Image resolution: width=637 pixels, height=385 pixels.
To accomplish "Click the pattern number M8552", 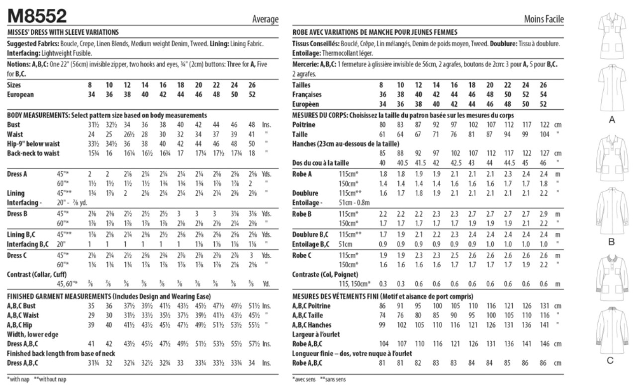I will tap(37, 16).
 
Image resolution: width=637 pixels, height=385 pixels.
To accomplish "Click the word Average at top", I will tap(265, 19).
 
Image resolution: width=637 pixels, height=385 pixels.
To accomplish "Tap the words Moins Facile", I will tap(544, 19).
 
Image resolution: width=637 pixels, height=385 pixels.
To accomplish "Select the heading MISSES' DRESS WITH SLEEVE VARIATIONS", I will tap(63, 32).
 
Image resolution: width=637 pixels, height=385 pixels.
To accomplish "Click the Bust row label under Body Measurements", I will tap(15, 125).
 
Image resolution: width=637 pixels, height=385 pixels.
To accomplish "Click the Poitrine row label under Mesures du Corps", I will tap(304, 125).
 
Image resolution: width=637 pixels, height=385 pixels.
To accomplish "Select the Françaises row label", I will tap(307, 94).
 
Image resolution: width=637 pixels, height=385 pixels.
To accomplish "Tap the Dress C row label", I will tap(17, 255).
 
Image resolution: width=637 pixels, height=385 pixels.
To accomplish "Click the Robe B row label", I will tap(302, 214).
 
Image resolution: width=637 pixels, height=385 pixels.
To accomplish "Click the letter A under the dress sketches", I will tap(612, 120).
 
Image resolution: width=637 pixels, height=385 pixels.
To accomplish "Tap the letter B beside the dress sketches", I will tap(612, 242).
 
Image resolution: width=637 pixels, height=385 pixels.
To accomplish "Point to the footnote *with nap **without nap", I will tap(36, 379).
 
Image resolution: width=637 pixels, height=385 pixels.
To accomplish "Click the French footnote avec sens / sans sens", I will tap(319, 379).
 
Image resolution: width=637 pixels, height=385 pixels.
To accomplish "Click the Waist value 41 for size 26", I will tap(252, 134).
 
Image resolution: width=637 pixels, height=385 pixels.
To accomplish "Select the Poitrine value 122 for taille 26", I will tap(543, 125).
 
